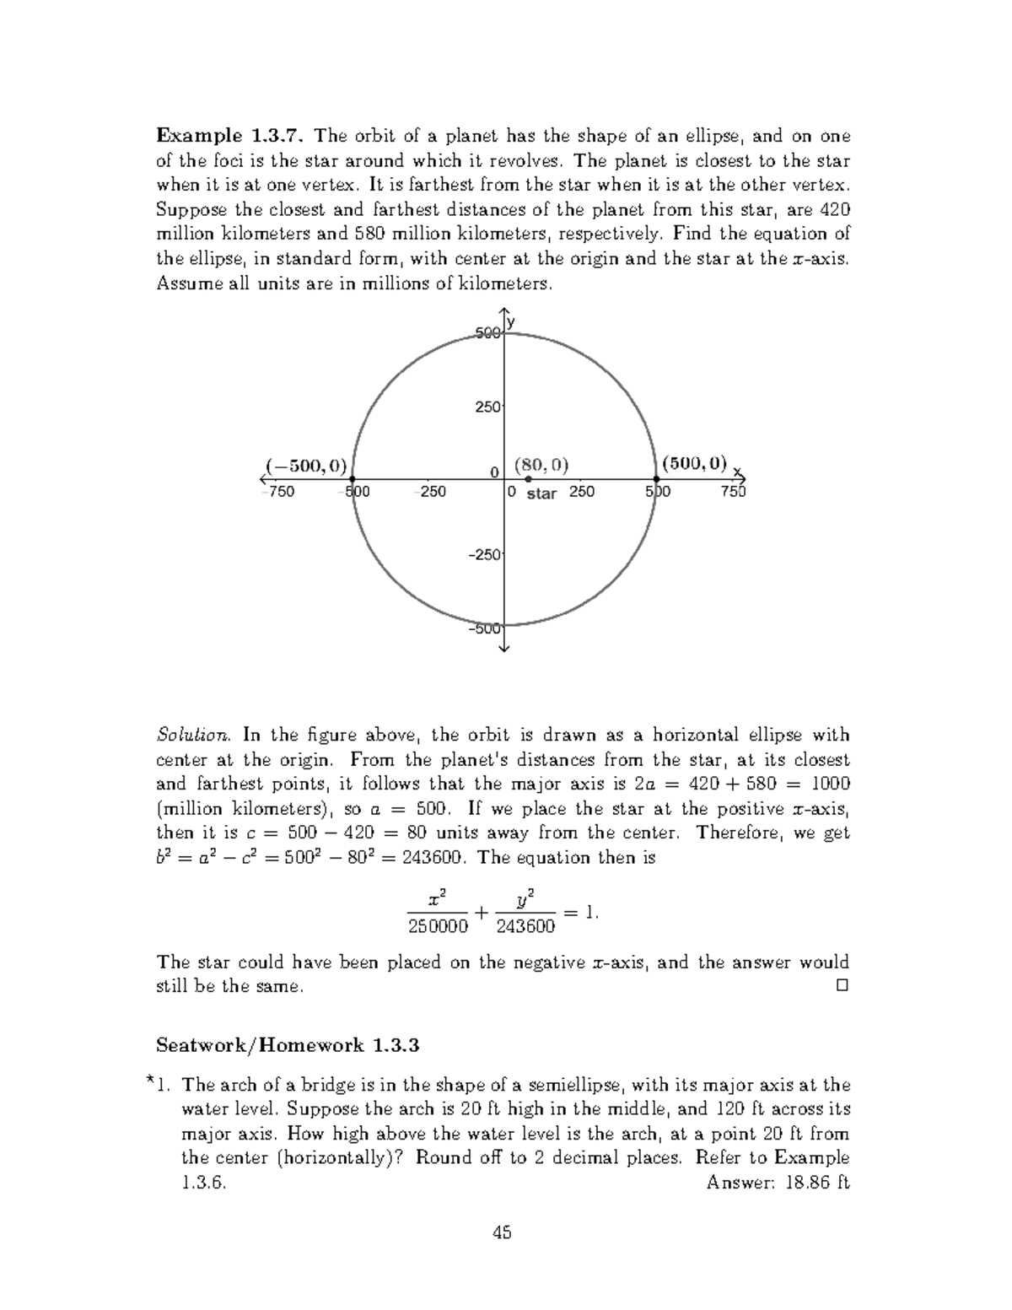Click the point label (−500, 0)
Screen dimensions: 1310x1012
(x=305, y=464)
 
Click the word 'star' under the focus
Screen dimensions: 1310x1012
(x=541, y=493)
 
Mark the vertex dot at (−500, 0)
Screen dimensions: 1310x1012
(x=353, y=479)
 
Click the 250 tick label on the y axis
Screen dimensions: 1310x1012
(x=488, y=407)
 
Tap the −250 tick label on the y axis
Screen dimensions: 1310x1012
(x=486, y=554)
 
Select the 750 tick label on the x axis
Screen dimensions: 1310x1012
(x=733, y=492)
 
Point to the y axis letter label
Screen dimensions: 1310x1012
(x=512, y=321)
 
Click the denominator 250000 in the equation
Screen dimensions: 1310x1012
(x=438, y=926)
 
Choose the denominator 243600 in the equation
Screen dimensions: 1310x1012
(x=526, y=926)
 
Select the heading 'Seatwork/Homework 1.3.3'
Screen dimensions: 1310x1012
(x=288, y=1045)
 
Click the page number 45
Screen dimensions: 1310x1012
(x=503, y=1232)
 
